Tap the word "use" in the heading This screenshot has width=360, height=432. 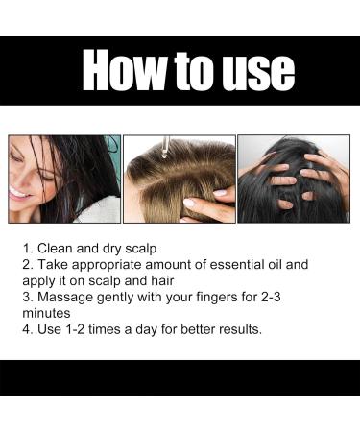[249, 70]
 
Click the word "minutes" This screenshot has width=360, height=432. [57, 312]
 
